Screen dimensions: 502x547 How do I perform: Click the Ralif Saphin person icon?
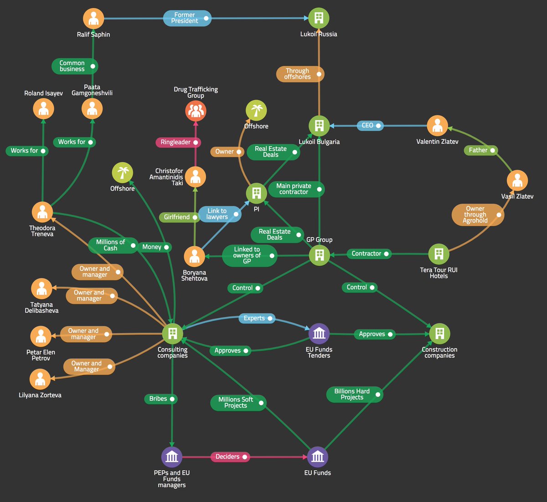click(93, 19)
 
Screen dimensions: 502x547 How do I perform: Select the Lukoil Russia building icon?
click(319, 18)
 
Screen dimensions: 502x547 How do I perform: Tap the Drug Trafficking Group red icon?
click(196, 111)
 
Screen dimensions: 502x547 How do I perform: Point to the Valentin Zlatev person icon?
click(437, 126)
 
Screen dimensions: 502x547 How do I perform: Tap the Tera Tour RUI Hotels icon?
click(439, 254)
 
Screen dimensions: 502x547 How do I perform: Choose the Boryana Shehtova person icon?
click(194, 256)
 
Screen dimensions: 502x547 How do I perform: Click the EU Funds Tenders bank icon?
click(319, 334)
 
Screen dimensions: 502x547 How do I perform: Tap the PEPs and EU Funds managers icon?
click(172, 457)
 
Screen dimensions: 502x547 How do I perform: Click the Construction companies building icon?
click(439, 334)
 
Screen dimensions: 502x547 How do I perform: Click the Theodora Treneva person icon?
click(42, 212)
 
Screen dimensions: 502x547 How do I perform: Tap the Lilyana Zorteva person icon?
click(40, 379)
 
